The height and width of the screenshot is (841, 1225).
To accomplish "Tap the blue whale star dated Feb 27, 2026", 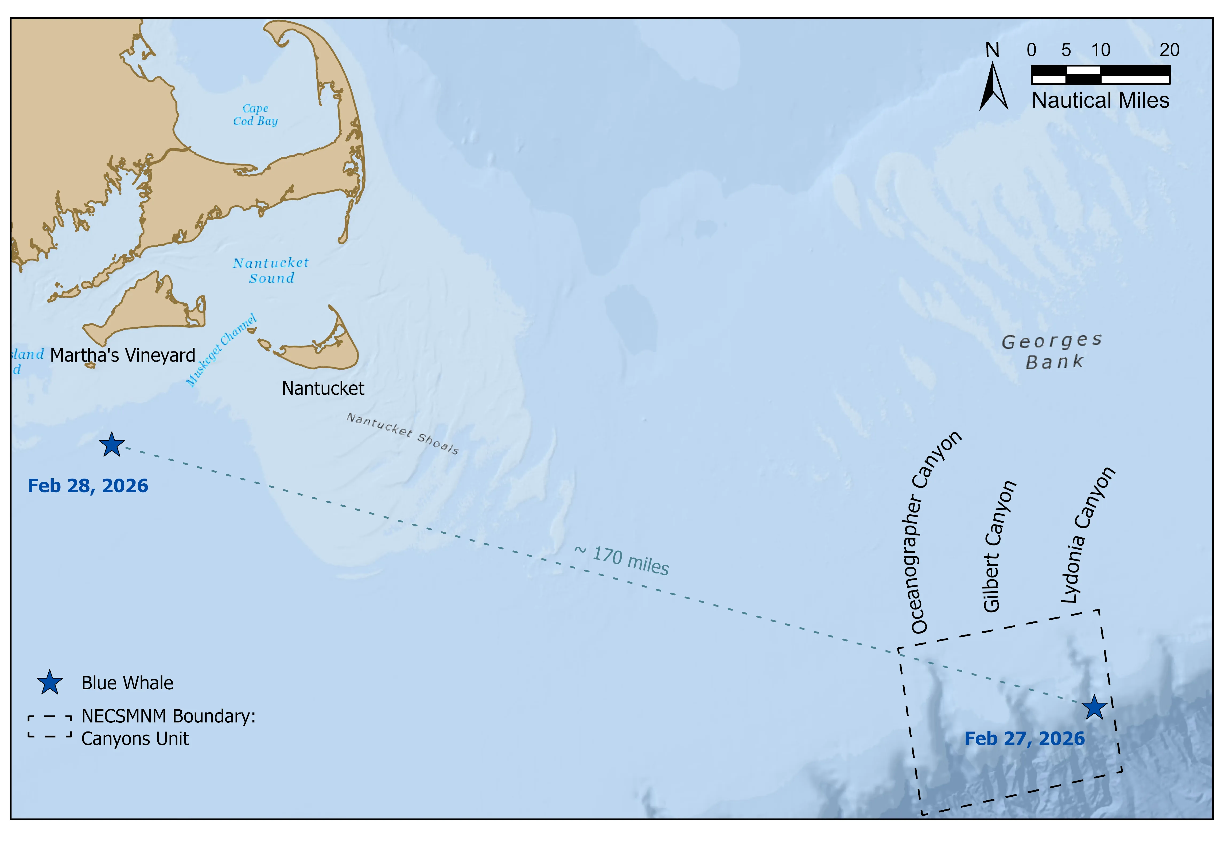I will (x=1094, y=707).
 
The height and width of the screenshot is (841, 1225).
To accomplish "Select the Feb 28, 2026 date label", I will (x=88, y=486).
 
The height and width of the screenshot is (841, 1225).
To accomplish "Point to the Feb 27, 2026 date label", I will (x=1024, y=739).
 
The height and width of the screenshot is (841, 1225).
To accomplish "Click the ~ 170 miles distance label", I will (x=622, y=561).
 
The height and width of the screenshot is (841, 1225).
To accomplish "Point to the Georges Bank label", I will (x=1052, y=351).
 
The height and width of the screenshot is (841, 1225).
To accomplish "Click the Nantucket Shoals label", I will (x=402, y=434).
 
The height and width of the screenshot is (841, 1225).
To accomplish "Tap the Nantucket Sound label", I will (x=271, y=270).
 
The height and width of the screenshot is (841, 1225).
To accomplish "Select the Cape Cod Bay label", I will (x=256, y=115).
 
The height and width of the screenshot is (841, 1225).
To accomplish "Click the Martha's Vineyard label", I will (x=123, y=356).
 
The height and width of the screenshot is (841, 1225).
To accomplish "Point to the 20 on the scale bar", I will (x=1169, y=50).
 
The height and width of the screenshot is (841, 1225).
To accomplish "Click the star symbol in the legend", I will (x=49, y=683).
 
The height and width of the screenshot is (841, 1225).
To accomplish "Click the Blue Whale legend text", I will (x=127, y=683).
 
